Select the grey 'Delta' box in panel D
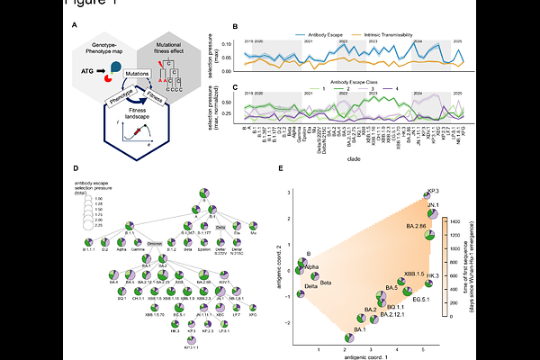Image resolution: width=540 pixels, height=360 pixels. tap(220, 228)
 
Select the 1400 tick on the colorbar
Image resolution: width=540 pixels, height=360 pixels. tap(457, 205)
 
